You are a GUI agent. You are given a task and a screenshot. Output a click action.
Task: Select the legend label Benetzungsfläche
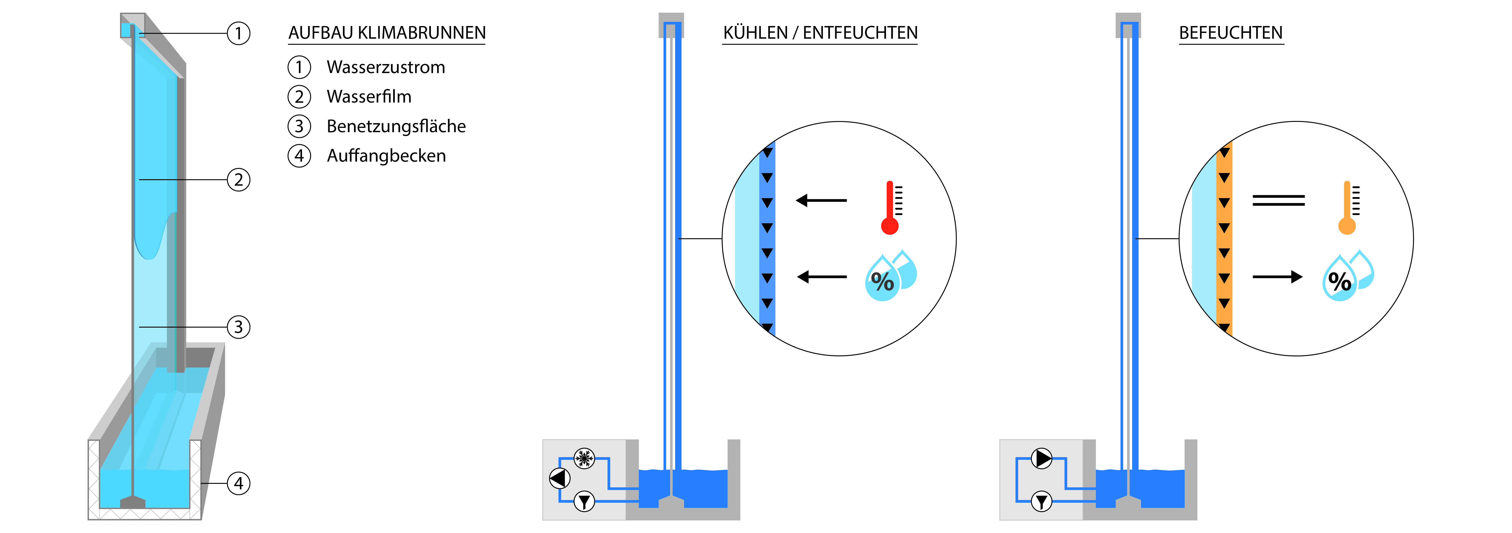[x=396, y=126]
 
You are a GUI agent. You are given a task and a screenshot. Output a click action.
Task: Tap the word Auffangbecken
[x=386, y=156]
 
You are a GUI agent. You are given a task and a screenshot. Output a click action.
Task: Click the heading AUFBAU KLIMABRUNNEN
[x=387, y=33]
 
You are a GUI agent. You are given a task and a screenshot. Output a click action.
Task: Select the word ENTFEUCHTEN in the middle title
[x=860, y=33]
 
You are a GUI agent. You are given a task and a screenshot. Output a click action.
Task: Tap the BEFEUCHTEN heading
[x=1231, y=33]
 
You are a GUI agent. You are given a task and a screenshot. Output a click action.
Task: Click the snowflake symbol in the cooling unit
[x=584, y=458]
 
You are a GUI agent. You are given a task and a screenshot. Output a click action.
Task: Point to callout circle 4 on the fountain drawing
[x=238, y=483]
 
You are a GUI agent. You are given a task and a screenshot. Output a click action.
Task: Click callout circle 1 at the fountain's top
[x=238, y=34]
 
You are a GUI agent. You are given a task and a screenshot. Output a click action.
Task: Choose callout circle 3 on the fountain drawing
[x=238, y=327]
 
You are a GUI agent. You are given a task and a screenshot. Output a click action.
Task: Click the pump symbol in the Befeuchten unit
[x=1042, y=458]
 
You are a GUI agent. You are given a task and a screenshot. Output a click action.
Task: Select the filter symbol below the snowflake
[x=584, y=501]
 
